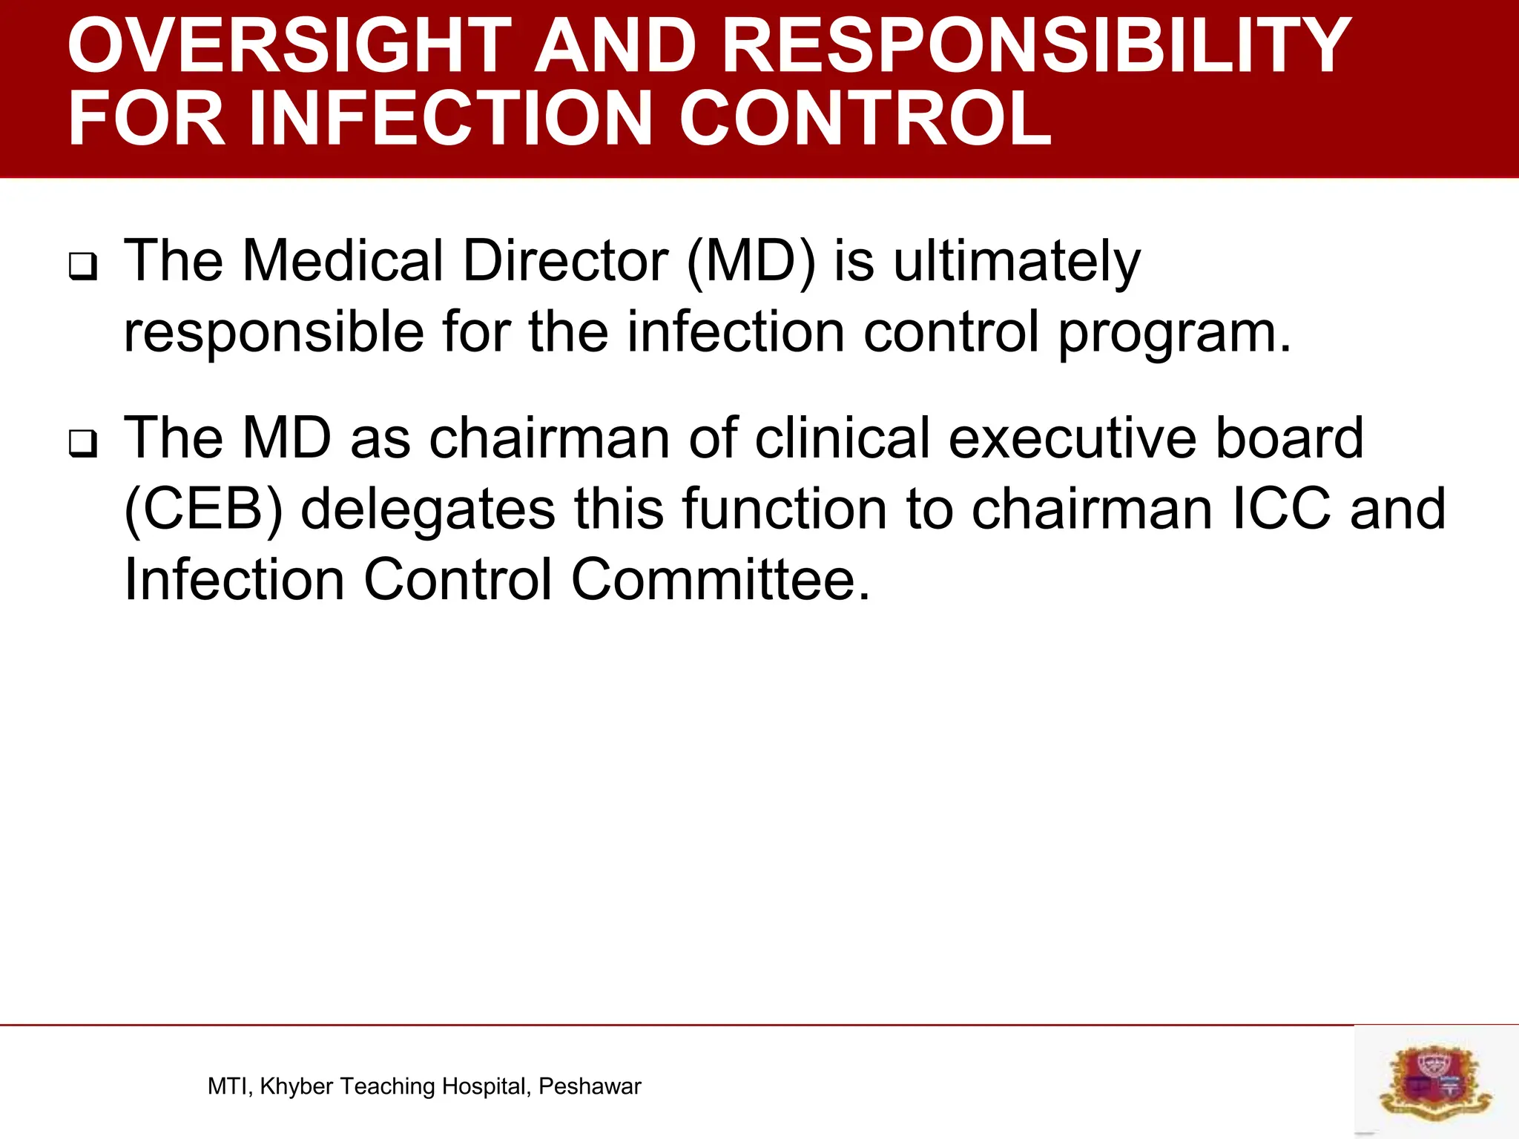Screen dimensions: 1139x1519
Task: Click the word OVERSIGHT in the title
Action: [289, 46]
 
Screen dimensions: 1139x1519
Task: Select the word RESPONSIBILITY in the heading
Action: [1035, 46]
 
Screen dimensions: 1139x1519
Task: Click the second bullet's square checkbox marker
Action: [83, 443]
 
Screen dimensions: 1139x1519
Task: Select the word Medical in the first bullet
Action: [343, 261]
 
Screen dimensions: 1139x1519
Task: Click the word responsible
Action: [273, 332]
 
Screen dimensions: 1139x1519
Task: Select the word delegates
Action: [428, 510]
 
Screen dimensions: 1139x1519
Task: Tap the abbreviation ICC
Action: [1281, 509]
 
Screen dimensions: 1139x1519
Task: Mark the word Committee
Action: [720, 579]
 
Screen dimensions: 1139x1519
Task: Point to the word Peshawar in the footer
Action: [590, 1086]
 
